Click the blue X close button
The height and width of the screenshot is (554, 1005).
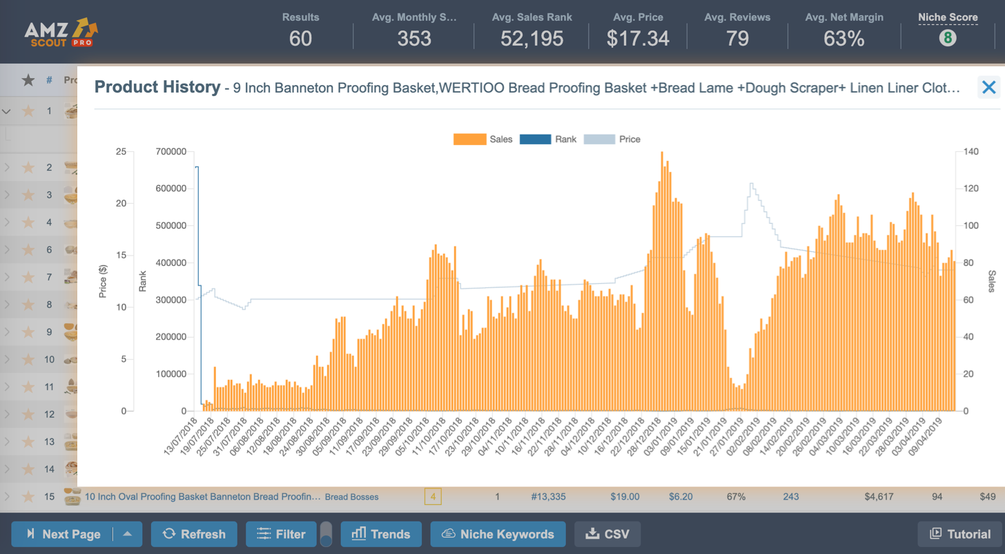click(x=988, y=87)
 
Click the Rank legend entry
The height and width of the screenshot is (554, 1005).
click(x=549, y=139)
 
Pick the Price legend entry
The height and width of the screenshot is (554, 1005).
click(x=612, y=139)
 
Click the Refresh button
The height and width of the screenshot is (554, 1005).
click(x=194, y=534)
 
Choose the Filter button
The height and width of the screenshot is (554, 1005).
click(x=281, y=534)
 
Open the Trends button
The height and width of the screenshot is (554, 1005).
click(x=381, y=534)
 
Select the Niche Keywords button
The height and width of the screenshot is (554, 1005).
click(x=498, y=534)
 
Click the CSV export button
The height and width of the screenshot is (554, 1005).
click(x=607, y=534)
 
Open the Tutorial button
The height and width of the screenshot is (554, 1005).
click(x=960, y=534)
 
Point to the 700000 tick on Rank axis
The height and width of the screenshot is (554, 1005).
click(x=171, y=151)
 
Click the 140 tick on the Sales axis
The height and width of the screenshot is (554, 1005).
click(x=972, y=151)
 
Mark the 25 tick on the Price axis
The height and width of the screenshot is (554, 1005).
click(x=120, y=151)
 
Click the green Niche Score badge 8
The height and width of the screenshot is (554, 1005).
click(x=948, y=38)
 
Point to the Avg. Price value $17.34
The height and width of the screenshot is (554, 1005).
click(x=638, y=38)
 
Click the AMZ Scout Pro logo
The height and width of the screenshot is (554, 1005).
click(x=61, y=32)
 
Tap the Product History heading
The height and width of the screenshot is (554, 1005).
click(x=157, y=87)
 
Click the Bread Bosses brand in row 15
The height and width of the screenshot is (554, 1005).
click(x=351, y=497)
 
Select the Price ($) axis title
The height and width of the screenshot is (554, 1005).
click(x=103, y=281)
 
